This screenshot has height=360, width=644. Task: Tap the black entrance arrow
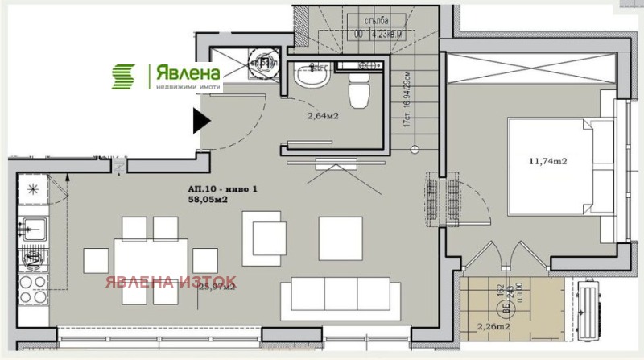(200, 122)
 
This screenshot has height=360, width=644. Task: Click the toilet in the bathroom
(359, 93)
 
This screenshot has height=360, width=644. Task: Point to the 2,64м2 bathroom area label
(323, 115)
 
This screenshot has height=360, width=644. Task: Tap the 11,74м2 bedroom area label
(548, 161)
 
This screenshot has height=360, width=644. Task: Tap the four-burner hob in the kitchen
(34, 261)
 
